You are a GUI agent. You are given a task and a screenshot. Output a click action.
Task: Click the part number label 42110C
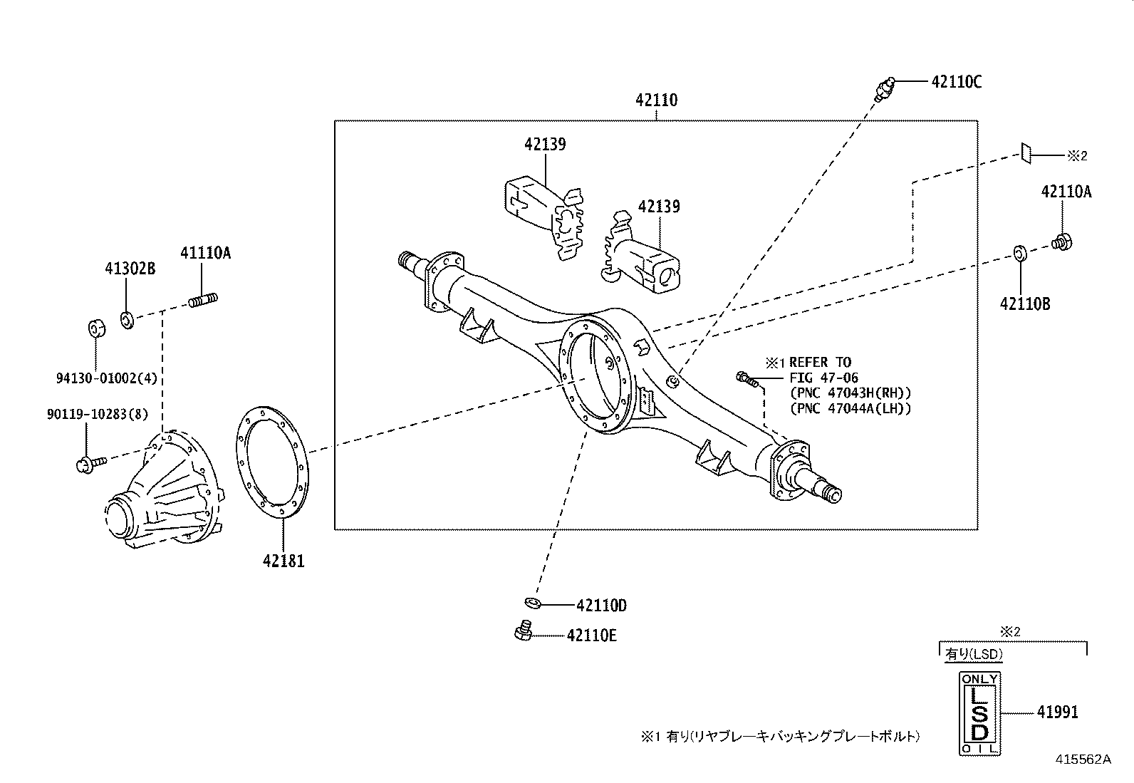point(956,82)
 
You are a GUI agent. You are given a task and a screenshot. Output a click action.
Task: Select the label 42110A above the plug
point(1066,192)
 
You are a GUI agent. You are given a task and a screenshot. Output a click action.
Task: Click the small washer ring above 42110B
point(1019,252)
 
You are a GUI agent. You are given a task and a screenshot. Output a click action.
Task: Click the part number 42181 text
point(283,561)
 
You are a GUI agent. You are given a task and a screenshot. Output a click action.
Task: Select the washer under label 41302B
point(127,320)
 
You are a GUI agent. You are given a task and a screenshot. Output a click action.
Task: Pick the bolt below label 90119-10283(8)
point(89,464)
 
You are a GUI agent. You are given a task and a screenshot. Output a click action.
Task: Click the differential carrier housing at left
point(164,492)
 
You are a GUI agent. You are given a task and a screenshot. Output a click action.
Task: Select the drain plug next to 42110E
point(524,631)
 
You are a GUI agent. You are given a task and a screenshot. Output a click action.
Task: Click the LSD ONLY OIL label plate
point(980,712)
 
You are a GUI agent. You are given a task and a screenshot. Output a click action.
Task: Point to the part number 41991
point(1057,712)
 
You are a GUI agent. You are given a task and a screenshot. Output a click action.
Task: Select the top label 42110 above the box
point(656,100)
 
